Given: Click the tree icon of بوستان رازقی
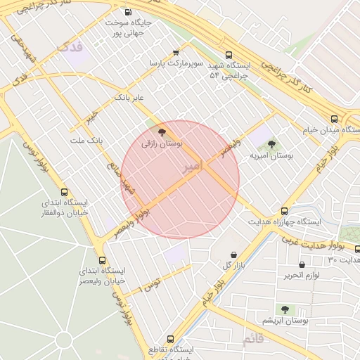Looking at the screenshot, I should point(162,131).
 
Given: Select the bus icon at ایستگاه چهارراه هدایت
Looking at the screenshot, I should point(284,211).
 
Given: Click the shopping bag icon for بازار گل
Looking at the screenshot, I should point(233,255).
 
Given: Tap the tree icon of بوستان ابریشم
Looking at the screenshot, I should point(285,309).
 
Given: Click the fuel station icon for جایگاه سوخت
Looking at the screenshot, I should point(127,12).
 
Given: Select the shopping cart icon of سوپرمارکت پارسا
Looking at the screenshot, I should point(176,53).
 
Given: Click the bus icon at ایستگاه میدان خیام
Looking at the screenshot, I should point(333,119).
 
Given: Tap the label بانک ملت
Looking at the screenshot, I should point(86,140).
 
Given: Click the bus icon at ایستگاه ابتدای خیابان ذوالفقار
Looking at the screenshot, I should point(65,192).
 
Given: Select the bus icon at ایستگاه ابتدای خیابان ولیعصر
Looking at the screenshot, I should point(103,260).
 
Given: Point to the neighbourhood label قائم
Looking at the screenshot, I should point(253,340).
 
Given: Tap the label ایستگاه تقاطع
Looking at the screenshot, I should point(173,349).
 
